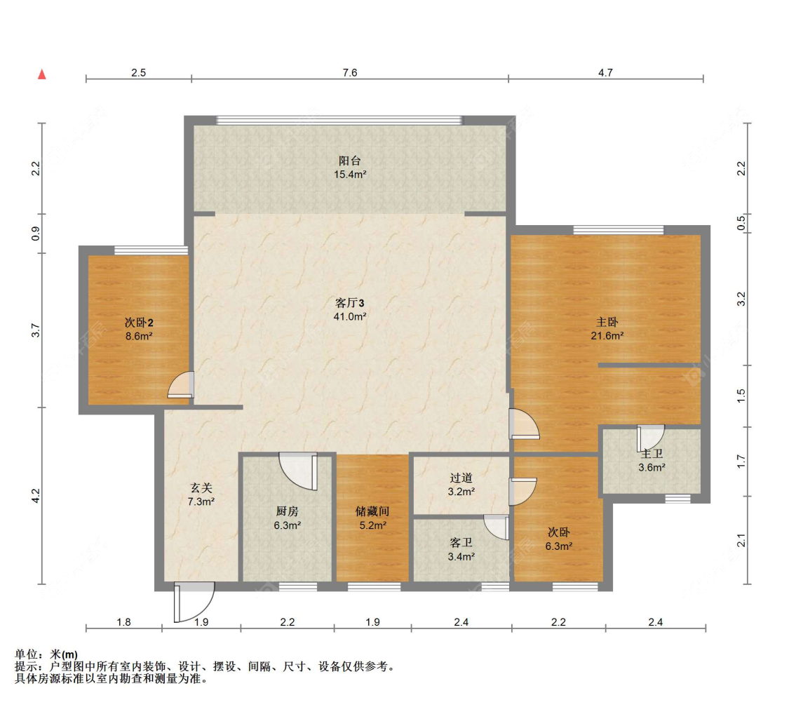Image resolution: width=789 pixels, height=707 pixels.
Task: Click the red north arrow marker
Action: [42, 74]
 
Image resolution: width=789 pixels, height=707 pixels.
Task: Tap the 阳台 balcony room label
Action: [350, 161]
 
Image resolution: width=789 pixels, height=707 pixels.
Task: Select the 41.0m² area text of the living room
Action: [350, 316]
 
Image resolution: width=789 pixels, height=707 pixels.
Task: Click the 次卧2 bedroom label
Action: [139, 323]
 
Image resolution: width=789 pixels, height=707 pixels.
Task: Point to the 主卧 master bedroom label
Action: [607, 322]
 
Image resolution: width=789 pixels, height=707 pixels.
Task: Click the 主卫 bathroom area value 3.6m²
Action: [652, 467]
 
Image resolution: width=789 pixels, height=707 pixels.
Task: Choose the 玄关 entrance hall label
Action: [201, 487]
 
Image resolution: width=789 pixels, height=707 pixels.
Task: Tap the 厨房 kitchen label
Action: [288, 511]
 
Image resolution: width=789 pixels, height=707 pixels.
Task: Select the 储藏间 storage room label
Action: [372, 511]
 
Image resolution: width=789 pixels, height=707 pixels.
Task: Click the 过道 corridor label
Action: [461, 478]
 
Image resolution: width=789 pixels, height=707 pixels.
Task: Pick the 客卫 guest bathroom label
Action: [461, 542]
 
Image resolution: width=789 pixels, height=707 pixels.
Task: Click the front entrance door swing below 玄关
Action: [194, 602]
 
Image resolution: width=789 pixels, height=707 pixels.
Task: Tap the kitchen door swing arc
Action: [298, 471]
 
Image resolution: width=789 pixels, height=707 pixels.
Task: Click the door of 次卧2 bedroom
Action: [181, 385]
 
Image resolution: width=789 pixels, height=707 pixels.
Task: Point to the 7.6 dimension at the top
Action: [350, 72]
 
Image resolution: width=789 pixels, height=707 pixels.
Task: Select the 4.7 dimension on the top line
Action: [605, 72]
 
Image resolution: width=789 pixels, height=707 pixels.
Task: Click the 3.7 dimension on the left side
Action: [35, 330]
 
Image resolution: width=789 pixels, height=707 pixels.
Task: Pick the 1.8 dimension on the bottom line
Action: [123, 622]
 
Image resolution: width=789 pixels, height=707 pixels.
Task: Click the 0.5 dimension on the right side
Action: [741, 222]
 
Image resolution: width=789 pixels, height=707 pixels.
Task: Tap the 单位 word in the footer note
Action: [26, 654]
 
